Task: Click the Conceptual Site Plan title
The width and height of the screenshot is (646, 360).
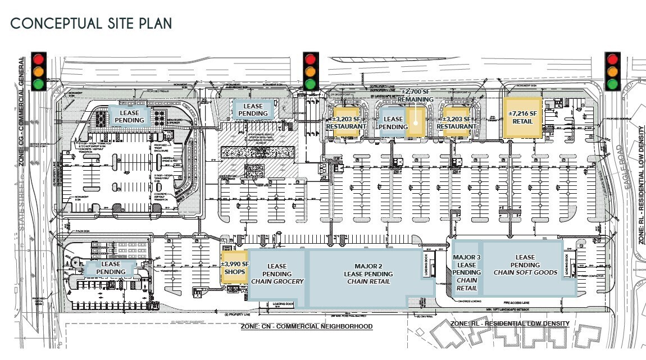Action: pyautogui.click(x=91, y=24)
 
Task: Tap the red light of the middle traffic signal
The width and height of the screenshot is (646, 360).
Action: pyautogui.click(x=310, y=58)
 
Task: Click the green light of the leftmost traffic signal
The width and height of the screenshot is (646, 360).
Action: pyautogui.click(x=39, y=84)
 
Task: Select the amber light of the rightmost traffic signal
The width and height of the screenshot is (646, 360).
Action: pyautogui.click(x=612, y=71)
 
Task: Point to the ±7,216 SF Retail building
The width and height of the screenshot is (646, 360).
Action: pyautogui.click(x=522, y=117)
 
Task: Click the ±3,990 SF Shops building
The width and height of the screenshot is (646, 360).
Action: pyautogui.click(x=234, y=267)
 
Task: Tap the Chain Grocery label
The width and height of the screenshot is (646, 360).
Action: pyautogui.click(x=277, y=281)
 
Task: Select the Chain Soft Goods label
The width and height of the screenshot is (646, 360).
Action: pyautogui.click(x=525, y=272)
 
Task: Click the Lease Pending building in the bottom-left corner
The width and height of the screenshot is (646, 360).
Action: pyautogui.click(x=111, y=268)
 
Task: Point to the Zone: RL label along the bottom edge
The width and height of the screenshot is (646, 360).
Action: pyautogui.click(x=509, y=324)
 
